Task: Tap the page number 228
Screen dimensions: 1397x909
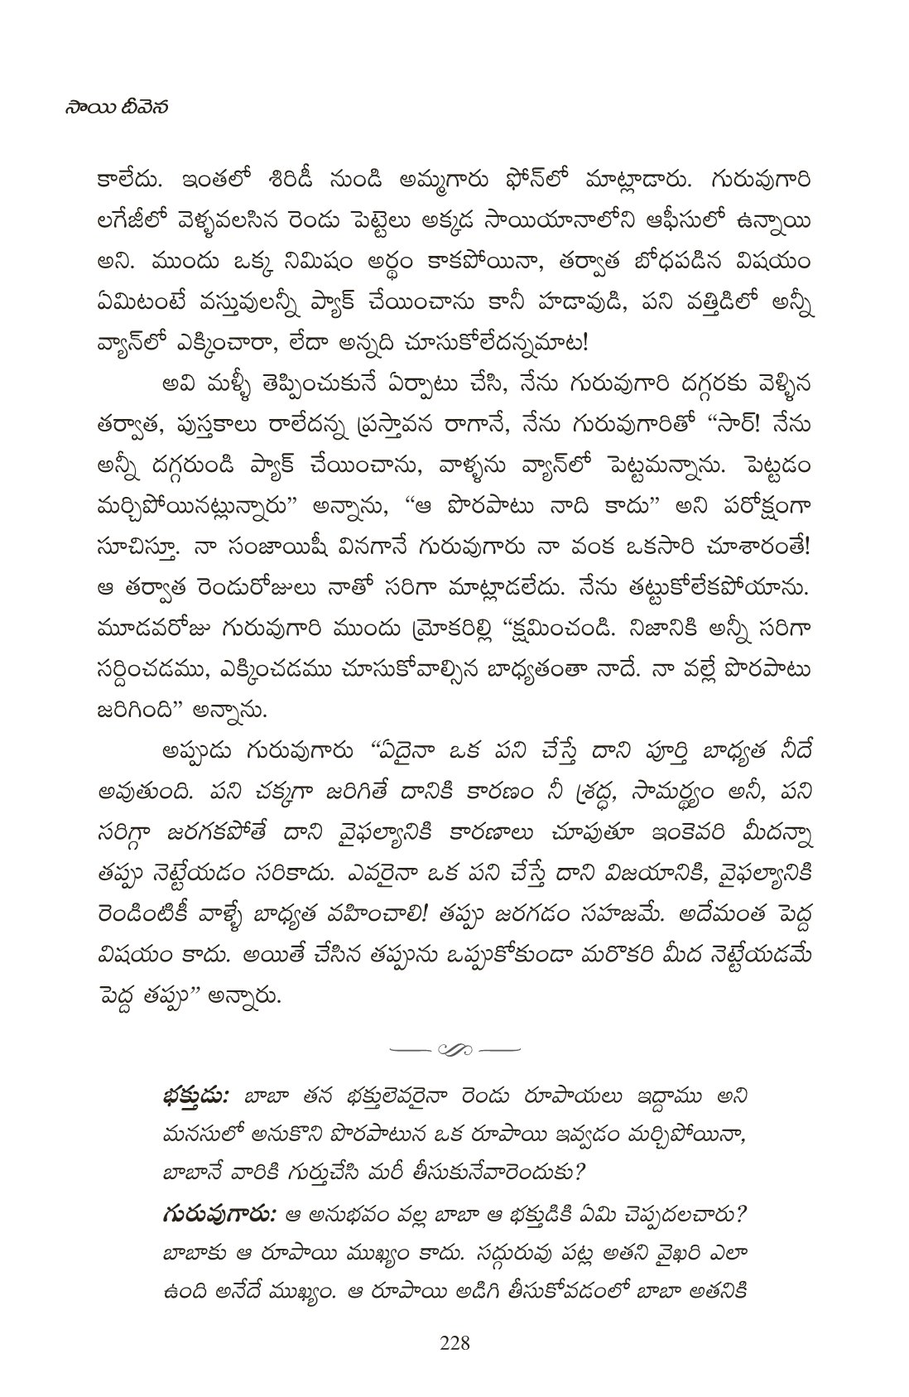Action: click(x=454, y=1342)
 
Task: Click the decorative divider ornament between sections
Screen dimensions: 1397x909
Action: click(x=454, y=1050)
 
